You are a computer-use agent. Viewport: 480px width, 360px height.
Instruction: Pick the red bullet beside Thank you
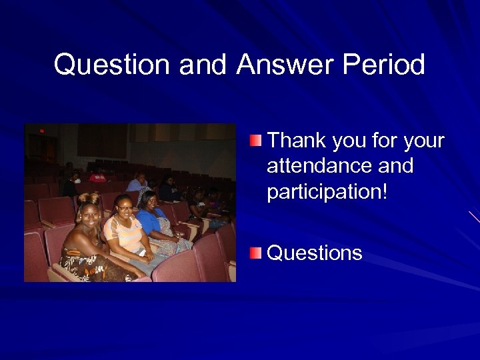[257, 140]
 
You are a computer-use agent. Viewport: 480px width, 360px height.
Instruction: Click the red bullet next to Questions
[257, 253]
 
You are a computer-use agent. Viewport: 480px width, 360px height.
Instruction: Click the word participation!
[327, 191]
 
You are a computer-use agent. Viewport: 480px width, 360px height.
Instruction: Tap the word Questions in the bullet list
[315, 253]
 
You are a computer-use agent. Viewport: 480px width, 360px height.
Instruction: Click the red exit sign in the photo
[41, 131]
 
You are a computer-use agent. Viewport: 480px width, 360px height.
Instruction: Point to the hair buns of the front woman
[89, 197]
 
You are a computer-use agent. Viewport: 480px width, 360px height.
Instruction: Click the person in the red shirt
[98, 177]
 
